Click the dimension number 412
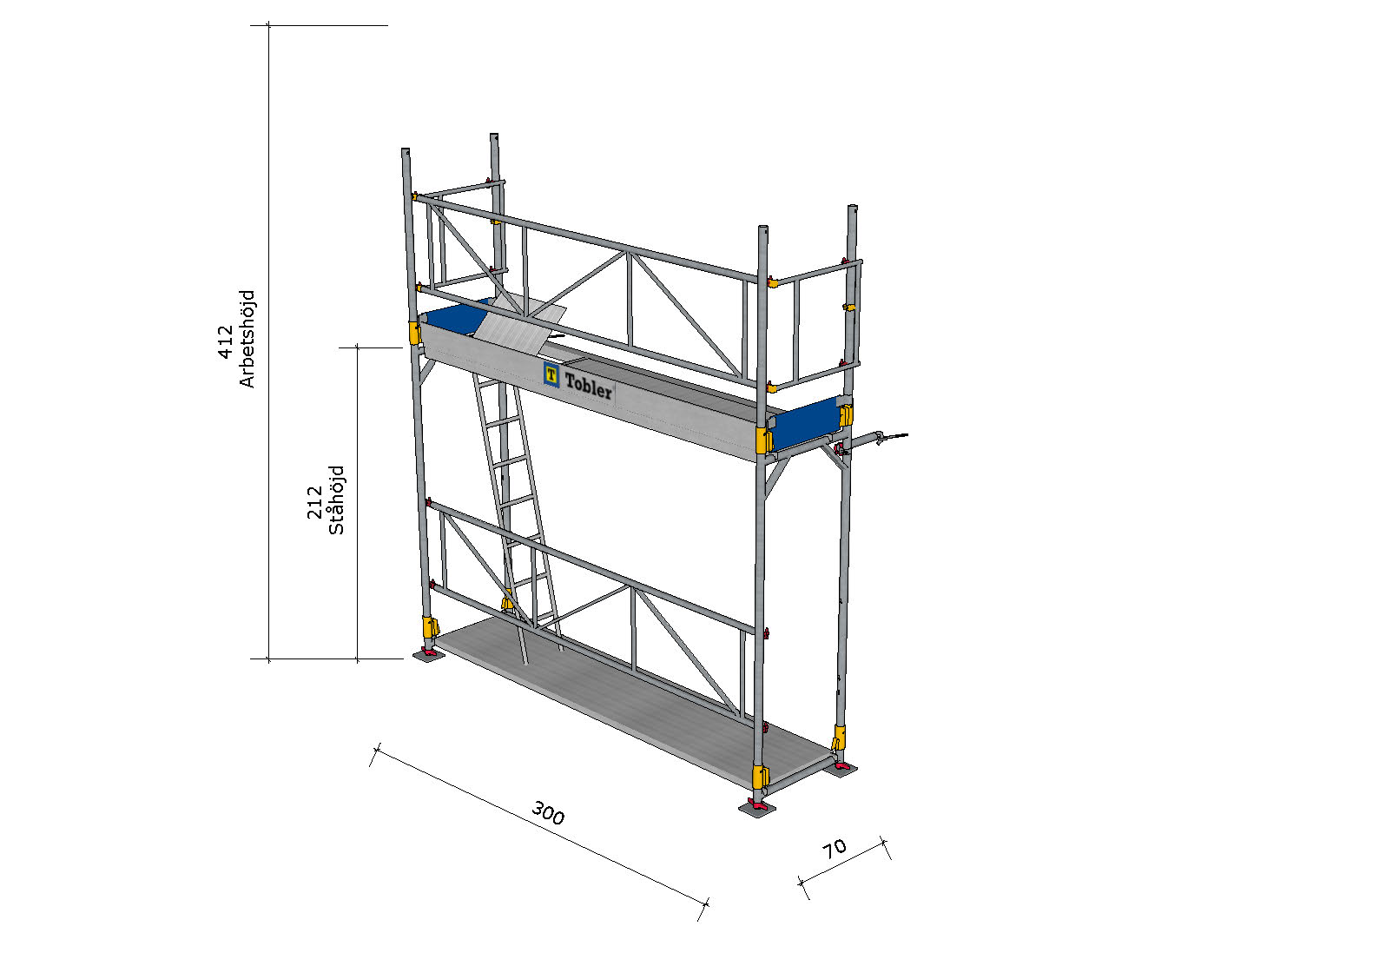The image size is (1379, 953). point(226,341)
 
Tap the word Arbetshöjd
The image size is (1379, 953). point(247,339)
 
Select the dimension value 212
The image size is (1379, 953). point(314,502)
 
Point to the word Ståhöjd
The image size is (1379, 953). point(336,500)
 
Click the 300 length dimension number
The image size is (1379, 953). point(547,812)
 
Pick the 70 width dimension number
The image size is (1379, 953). point(835,849)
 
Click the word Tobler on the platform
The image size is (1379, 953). point(589,386)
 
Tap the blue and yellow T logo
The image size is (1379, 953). point(551,374)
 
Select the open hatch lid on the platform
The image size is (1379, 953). point(520,325)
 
